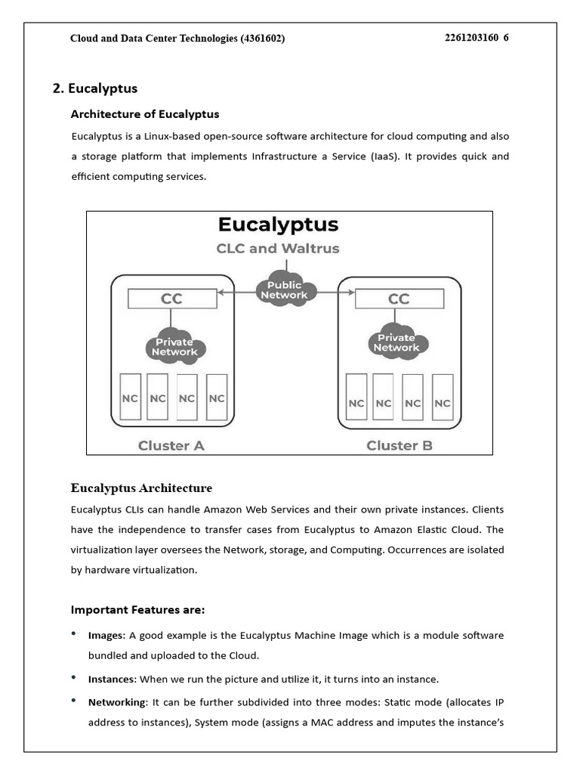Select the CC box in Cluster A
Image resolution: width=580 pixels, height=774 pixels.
[172, 299]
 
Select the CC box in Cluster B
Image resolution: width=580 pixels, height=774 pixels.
[399, 299]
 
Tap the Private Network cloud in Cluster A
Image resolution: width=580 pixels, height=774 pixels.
[174, 346]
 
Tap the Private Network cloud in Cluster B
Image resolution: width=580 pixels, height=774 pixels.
[396, 342]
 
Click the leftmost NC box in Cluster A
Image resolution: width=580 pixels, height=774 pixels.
[129, 398]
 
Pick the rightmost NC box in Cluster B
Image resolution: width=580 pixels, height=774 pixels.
[443, 402]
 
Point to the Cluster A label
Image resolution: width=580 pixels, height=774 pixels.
[171, 445]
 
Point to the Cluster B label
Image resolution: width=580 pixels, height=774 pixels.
[399, 445]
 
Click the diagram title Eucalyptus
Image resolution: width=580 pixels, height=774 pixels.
[278, 224]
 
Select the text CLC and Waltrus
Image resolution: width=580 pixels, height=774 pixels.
[278, 248]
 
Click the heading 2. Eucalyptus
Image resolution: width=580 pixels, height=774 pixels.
[95, 88]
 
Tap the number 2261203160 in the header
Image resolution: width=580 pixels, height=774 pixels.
[472, 38]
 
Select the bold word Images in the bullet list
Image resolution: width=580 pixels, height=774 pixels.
[106, 636]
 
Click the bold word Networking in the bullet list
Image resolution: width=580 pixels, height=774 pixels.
[116, 702]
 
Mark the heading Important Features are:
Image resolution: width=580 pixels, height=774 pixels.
[137, 609]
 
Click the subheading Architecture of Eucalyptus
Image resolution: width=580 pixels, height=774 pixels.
[145, 114]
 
